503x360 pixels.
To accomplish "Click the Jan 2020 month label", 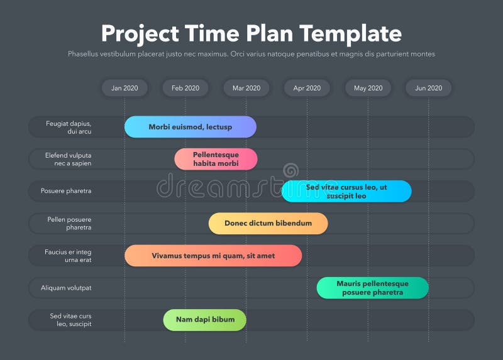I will tap(124, 88).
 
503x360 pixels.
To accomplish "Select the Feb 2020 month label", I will tap(185, 88).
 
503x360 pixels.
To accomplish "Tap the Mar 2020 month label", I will tap(246, 88).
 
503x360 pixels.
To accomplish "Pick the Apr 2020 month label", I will tap(307, 88).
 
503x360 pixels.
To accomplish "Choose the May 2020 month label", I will tap(368, 88).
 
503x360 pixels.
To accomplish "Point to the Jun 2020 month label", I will tap(428, 88).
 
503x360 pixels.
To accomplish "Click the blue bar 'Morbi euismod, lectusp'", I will tap(191, 127).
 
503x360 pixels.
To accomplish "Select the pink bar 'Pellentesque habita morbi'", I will tap(216, 159).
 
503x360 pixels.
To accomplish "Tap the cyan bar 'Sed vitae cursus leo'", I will tap(346, 192).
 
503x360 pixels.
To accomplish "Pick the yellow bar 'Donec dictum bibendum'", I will tap(268, 224).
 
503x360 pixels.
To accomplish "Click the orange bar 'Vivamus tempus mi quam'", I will tap(213, 256).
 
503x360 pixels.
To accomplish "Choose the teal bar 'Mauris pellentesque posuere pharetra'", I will tap(372, 288).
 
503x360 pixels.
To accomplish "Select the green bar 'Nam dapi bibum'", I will tap(205, 320).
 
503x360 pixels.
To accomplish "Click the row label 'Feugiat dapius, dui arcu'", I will tap(69, 127).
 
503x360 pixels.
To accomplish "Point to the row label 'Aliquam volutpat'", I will tap(66, 288).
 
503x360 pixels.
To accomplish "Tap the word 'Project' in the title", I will tap(139, 33).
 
